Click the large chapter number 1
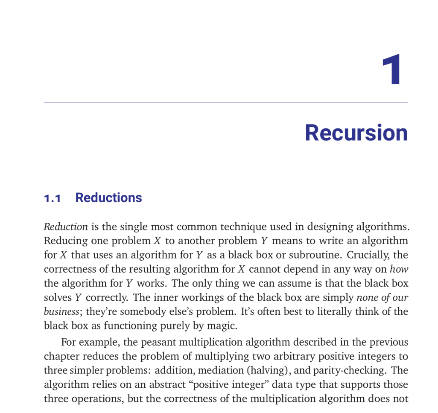click(x=391, y=70)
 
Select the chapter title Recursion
click(x=356, y=133)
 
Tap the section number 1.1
click(x=52, y=198)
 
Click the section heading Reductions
click(x=108, y=198)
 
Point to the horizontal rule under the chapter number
click(x=226, y=103)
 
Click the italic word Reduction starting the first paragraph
click(x=66, y=227)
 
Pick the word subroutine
click(x=317, y=255)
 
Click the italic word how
click(x=399, y=269)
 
